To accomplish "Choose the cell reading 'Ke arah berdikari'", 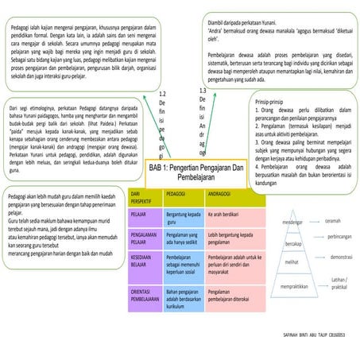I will click(x=226, y=215).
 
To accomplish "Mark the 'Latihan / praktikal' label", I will click(x=339, y=282).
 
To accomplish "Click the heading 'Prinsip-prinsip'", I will click(x=271, y=103).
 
